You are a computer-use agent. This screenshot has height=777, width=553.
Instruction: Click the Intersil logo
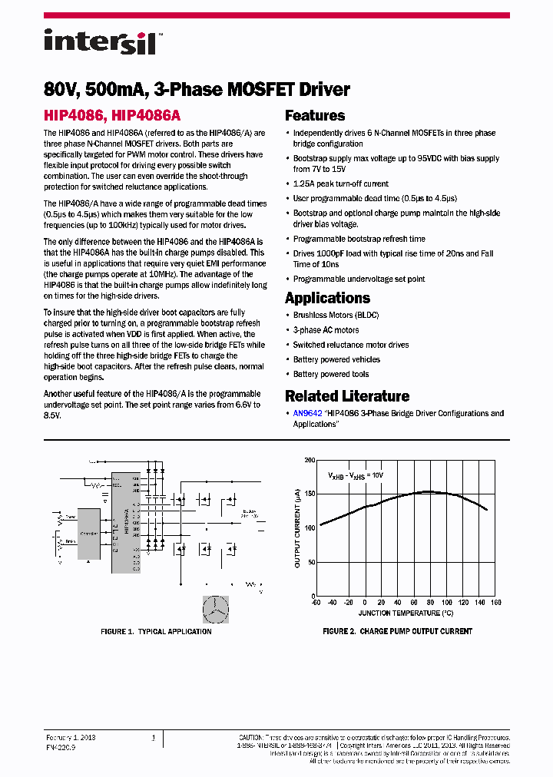point(101,41)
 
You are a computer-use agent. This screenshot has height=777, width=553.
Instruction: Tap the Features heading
point(315,116)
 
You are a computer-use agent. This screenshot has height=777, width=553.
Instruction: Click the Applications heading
point(327,298)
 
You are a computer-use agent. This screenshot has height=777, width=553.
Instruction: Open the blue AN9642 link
point(303,413)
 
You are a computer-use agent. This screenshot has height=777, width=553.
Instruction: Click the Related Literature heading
point(347,396)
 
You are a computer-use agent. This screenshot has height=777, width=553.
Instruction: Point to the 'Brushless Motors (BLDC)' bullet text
point(336,315)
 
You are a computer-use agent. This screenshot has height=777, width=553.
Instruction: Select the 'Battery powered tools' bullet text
point(331,374)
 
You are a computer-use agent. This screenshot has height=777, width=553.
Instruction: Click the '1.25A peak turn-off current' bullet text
point(341,184)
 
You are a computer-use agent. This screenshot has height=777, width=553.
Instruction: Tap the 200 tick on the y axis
point(310,460)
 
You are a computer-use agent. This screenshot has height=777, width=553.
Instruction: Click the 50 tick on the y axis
point(311,562)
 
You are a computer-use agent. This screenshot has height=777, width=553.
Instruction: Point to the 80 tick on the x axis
point(431,603)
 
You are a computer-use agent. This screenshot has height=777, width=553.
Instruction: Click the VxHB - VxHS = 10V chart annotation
point(356,475)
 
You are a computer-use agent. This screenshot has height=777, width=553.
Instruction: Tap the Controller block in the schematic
point(89,531)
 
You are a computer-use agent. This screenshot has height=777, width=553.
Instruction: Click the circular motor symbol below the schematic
point(215,609)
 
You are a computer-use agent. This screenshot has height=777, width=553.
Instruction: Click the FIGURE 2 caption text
point(397,631)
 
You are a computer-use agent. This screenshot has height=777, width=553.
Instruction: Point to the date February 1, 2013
point(71,737)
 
